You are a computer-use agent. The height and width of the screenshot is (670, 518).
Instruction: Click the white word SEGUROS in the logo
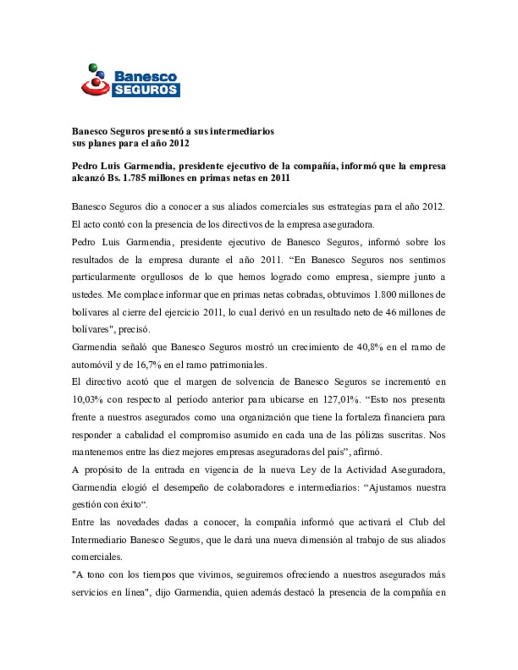pos(146,90)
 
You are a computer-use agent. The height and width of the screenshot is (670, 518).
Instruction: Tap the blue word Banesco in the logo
pos(145,77)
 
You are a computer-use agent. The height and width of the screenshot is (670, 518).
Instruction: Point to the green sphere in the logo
pos(93,68)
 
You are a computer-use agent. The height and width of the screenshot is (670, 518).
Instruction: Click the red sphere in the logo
pos(96,82)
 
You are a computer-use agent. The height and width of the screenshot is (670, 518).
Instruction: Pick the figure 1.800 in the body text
pos(385,295)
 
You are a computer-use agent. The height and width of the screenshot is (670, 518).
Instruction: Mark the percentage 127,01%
pos(341,400)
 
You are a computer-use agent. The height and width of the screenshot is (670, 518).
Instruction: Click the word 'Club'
pos(419,522)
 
